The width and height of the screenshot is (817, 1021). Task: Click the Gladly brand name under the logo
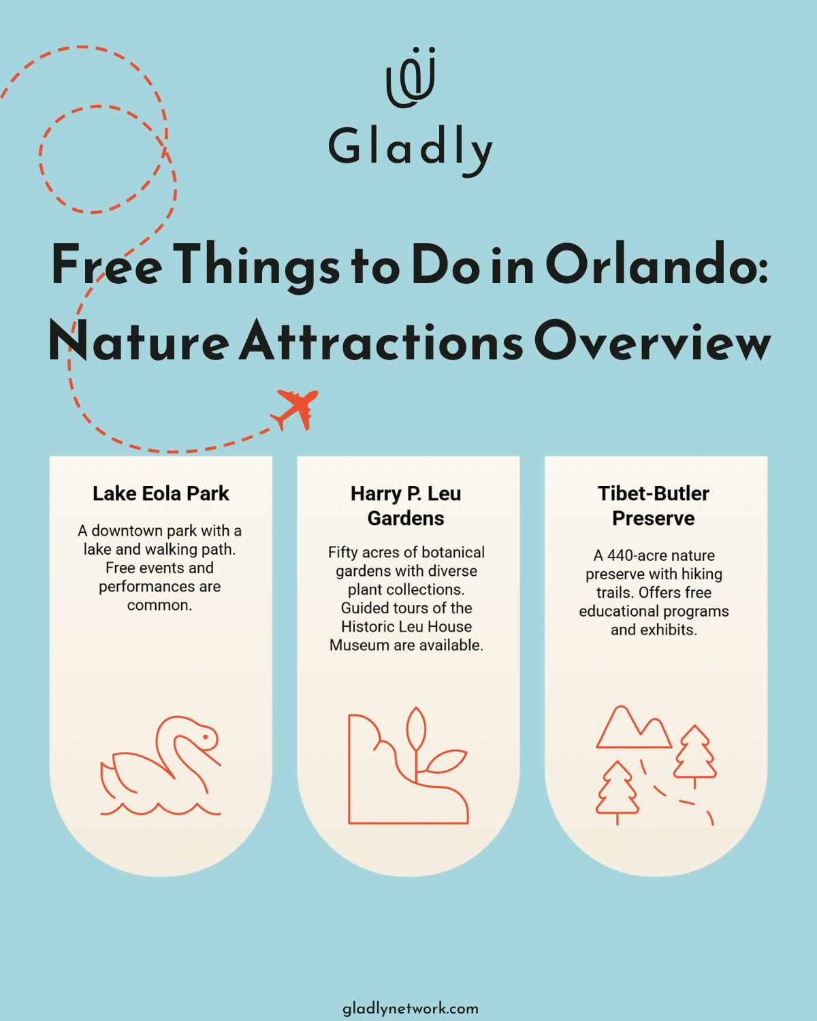click(411, 148)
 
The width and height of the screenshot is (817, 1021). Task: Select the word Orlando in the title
click(656, 265)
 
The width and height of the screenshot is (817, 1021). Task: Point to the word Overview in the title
click(652, 341)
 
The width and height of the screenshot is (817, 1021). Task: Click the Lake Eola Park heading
click(161, 493)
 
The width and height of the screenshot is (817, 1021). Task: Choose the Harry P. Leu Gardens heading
click(406, 506)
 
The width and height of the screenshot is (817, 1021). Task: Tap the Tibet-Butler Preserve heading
click(654, 506)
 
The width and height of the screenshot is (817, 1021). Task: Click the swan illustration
click(161, 766)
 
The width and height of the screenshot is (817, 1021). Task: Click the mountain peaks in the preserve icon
click(633, 728)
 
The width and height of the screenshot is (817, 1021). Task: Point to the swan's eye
click(206, 736)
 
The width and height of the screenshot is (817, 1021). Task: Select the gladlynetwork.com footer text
click(410, 1008)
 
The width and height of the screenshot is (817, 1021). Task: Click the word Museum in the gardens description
click(360, 645)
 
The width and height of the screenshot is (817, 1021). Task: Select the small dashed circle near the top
click(102, 159)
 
